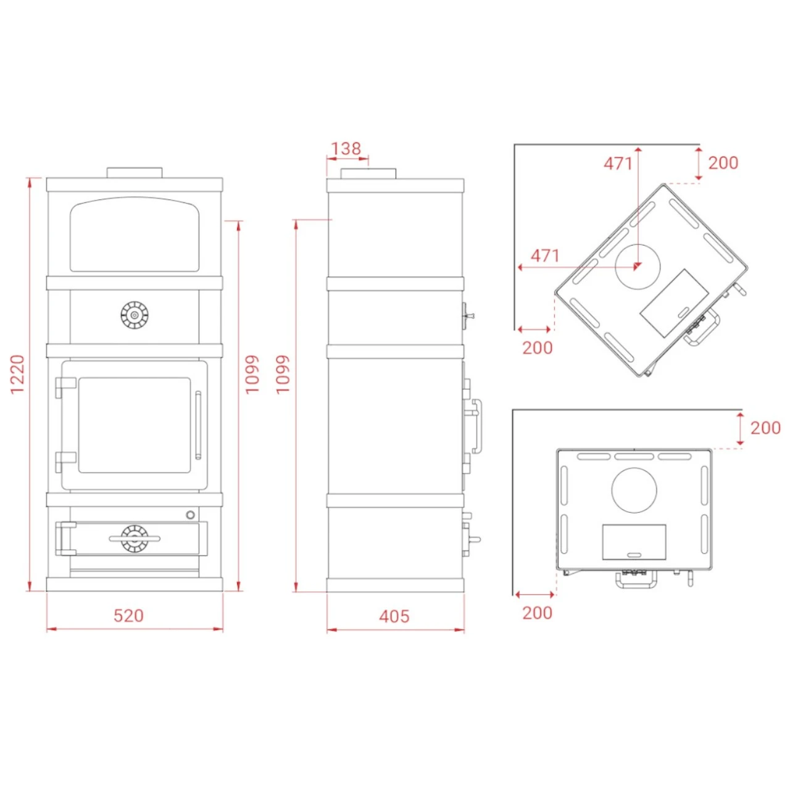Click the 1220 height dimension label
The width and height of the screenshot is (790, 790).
17,374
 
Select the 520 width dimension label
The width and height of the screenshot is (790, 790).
129,615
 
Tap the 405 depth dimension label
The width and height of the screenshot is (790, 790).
394,616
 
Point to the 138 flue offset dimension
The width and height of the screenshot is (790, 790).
346,148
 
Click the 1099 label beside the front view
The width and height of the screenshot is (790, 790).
252,374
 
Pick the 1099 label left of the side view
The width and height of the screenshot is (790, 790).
283,375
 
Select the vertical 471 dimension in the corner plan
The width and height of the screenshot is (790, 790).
618,164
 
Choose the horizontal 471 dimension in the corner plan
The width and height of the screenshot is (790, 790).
545,256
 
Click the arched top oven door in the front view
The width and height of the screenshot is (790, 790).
135,234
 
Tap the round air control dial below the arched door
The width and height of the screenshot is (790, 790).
135,314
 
